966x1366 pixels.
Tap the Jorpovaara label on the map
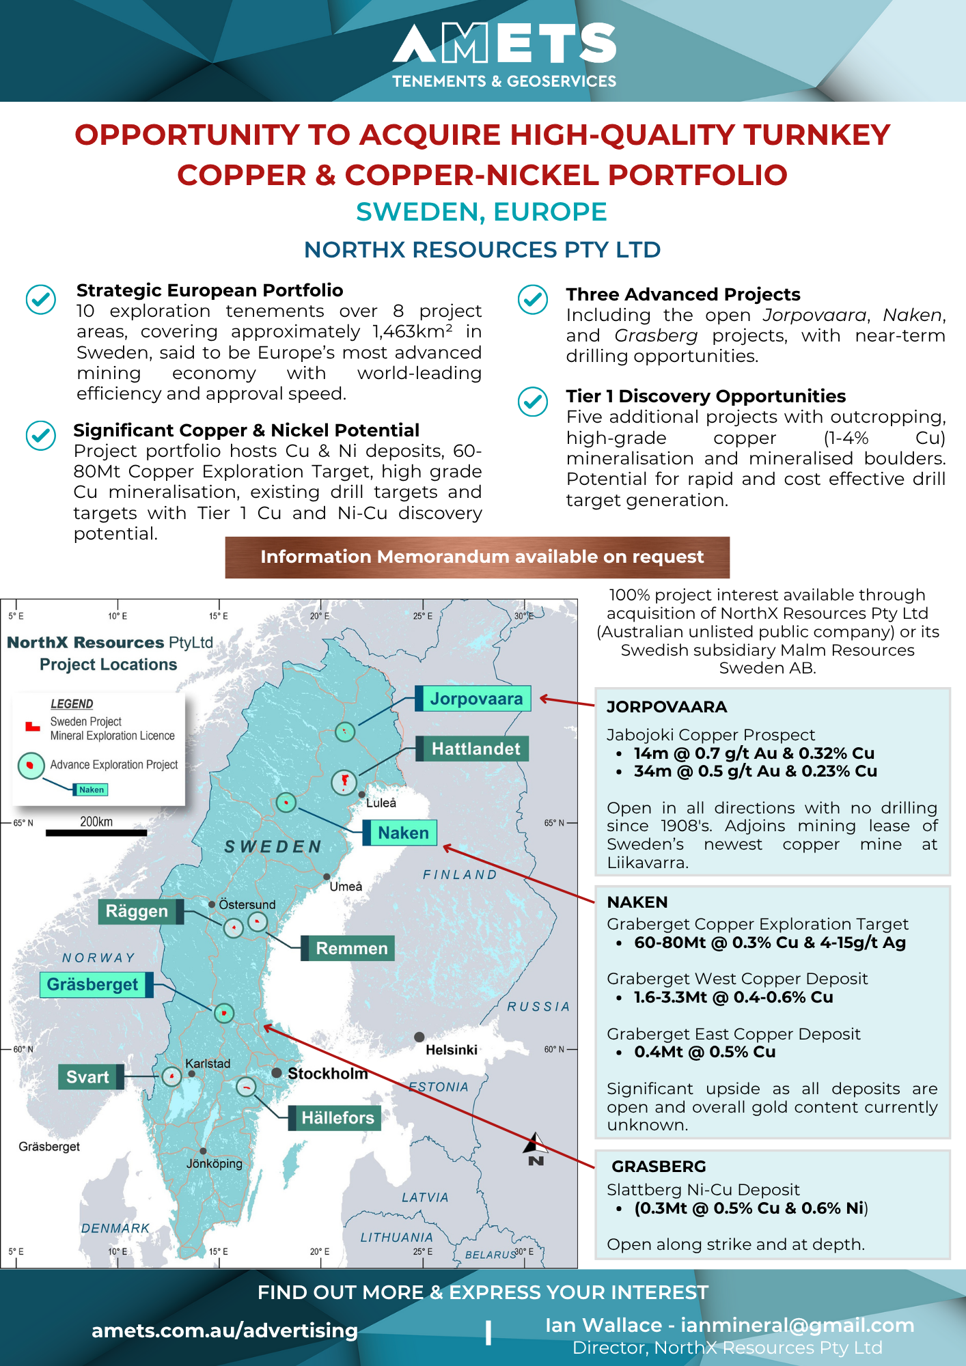click(475, 699)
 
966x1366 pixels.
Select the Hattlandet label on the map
click(475, 749)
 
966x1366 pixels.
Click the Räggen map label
click(137, 911)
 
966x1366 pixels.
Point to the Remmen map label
click(351, 948)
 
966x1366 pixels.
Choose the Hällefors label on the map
click(337, 1118)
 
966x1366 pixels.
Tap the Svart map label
click(87, 1077)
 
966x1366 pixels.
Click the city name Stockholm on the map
click(327, 1074)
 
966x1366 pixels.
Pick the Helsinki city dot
click(419, 1037)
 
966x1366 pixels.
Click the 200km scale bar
click(96, 833)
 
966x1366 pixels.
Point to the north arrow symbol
click(536, 1148)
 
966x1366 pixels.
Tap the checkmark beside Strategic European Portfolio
click(41, 299)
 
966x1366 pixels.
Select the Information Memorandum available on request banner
click(478, 557)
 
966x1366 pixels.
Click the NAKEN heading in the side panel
click(637, 902)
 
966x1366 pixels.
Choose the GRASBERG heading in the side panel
click(659, 1167)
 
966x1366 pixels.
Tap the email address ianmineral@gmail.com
click(797, 1325)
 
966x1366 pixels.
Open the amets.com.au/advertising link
click(225, 1330)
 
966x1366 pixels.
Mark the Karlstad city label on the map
click(208, 1063)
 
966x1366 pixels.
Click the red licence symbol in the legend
click(32, 727)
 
